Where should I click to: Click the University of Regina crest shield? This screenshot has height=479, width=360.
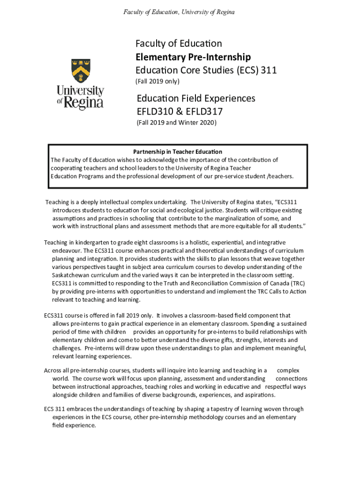coord(80,71)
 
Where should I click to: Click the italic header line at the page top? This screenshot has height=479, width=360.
coord(179,11)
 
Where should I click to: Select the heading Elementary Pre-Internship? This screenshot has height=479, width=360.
coord(193,57)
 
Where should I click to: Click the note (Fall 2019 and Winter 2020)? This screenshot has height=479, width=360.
coord(177,123)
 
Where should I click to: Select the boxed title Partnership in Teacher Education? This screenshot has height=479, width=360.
coord(178,152)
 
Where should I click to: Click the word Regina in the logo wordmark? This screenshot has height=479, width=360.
coord(84,102)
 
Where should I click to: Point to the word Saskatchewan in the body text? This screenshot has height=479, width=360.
coord(72,275)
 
